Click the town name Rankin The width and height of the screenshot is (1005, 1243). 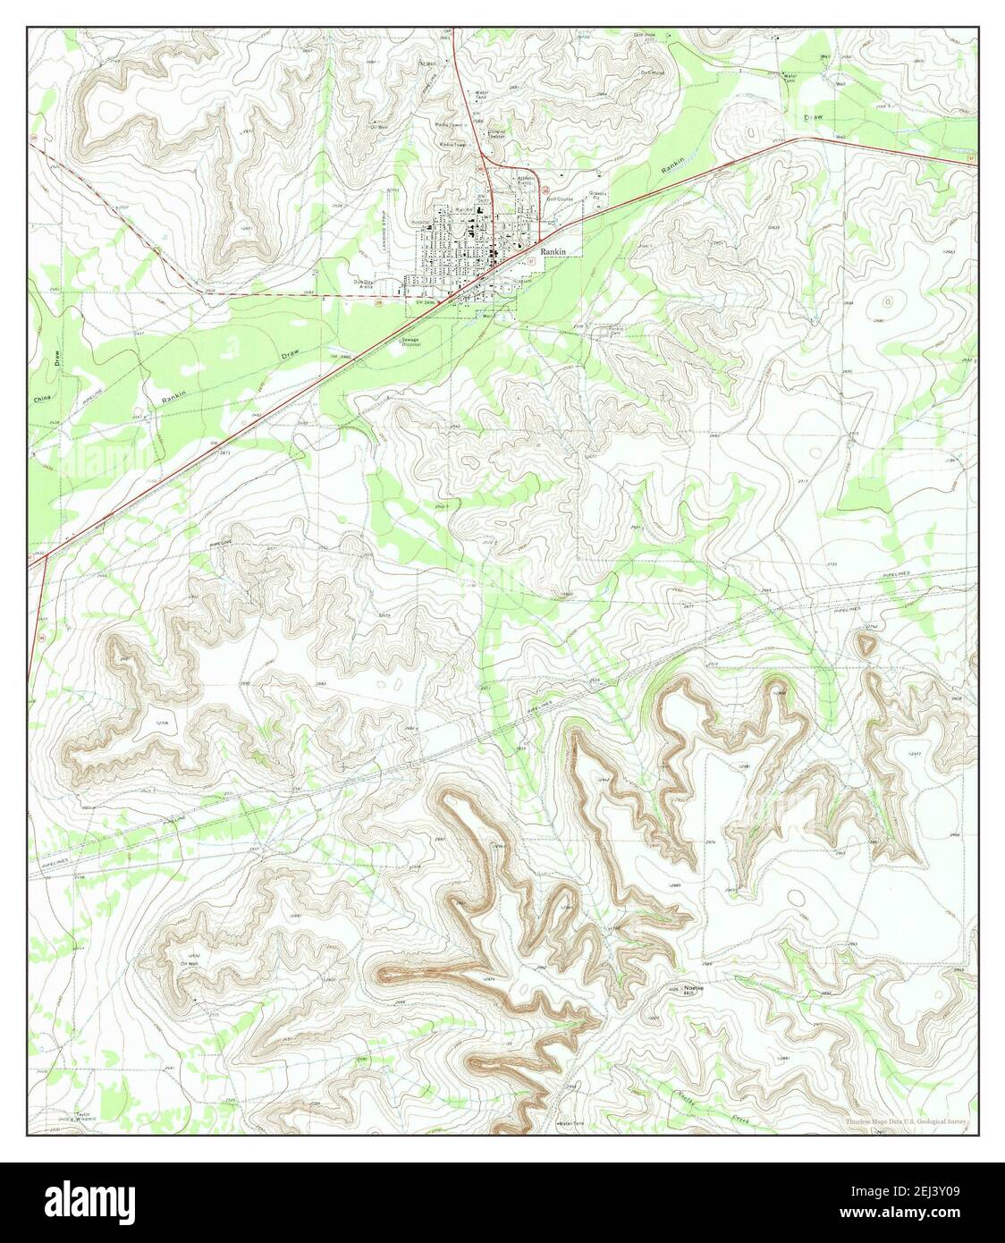[x=553, y=252]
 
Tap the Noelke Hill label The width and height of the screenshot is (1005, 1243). [x=689, y=990]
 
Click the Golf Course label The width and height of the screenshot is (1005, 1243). [x=560, y=199]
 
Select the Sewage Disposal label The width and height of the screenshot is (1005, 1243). [x=410, y=341]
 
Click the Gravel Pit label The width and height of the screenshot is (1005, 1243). [x=596, y=194]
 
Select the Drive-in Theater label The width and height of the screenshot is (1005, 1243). [x=497, y=134]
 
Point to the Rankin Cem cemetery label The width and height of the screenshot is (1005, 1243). [x=616, y=331]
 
